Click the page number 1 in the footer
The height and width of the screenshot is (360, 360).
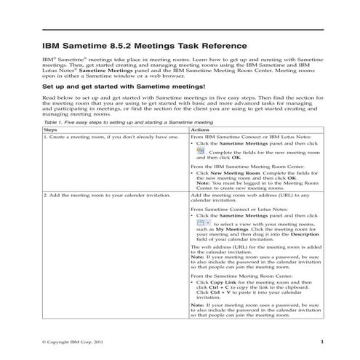tap(321, 341)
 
